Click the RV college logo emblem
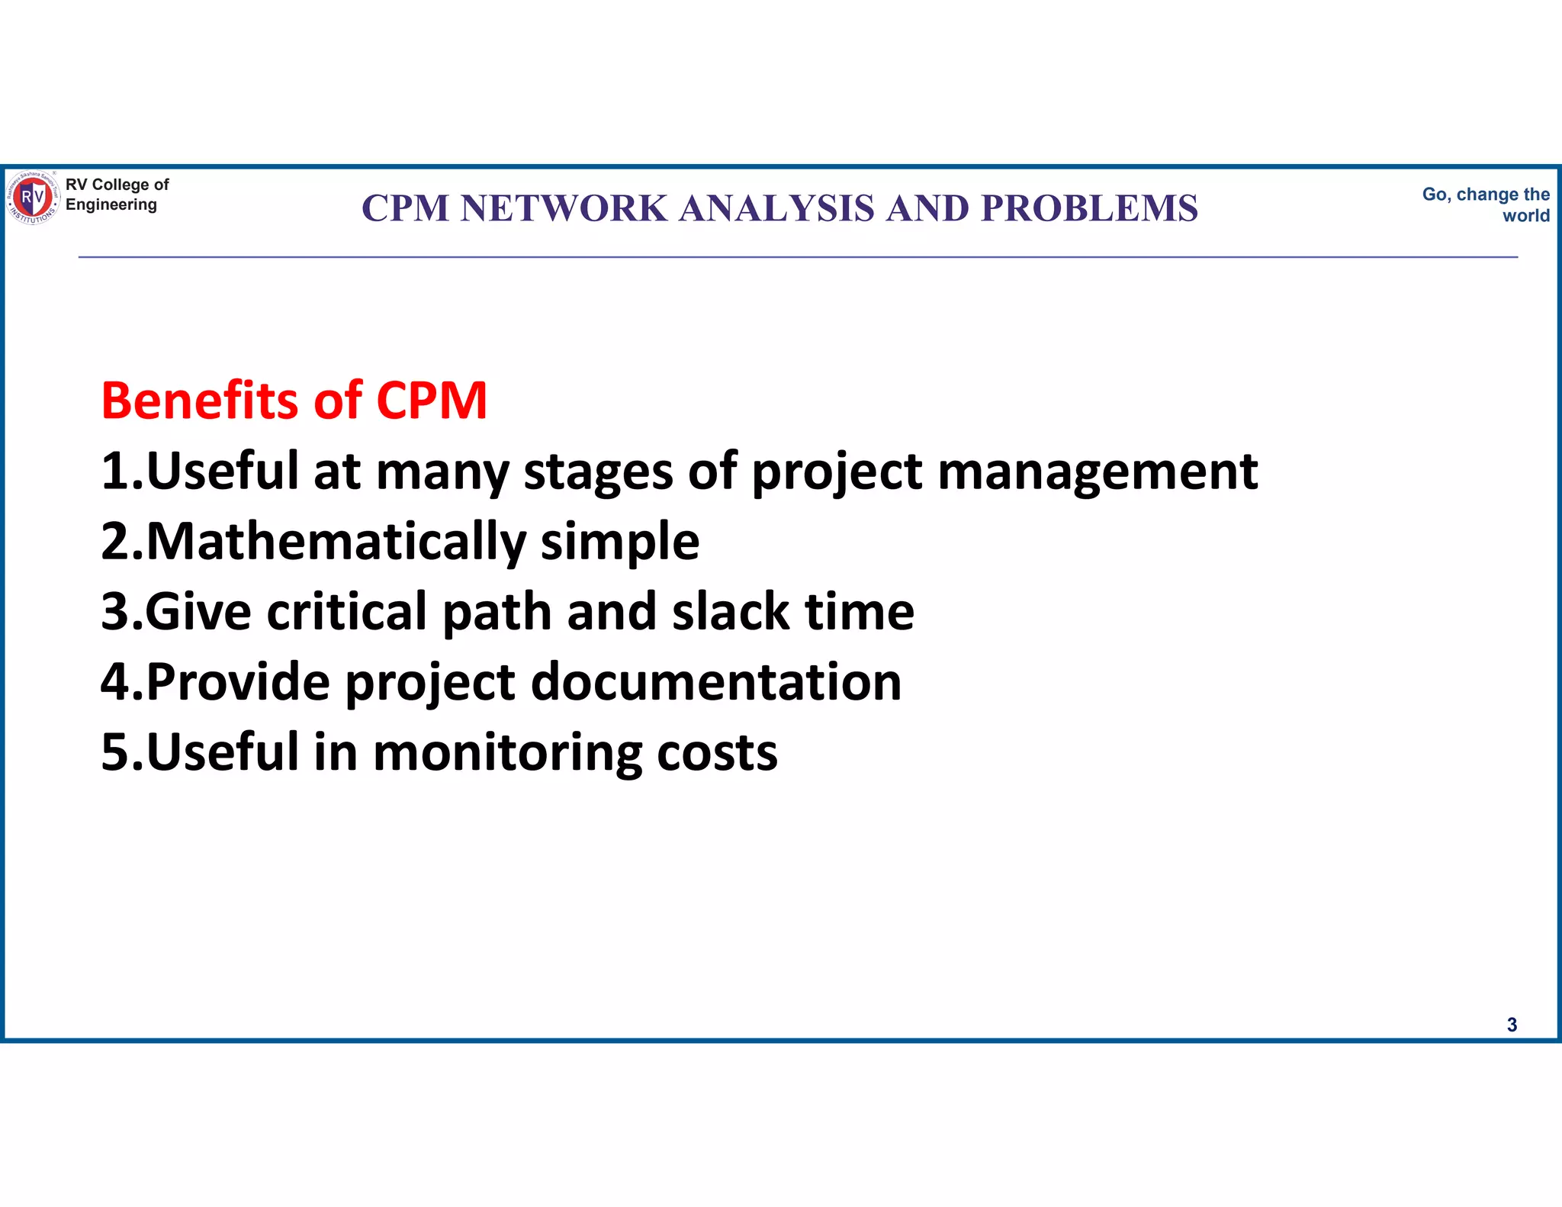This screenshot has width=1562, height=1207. point(33,198)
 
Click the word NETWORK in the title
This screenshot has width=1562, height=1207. point(564,208)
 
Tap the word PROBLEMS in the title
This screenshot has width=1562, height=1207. point(1090,208)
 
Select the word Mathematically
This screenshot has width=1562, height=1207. point(336,542)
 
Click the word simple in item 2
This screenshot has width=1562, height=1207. point(619,542)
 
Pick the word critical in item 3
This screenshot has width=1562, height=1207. point(346,612)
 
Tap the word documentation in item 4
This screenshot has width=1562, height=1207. point(715,682)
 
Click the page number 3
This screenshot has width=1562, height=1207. point(1512,1025)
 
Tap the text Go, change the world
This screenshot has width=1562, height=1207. point(1486,204)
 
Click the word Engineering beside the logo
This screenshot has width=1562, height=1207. point(111,204)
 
